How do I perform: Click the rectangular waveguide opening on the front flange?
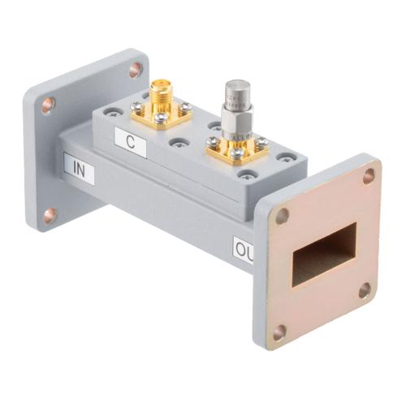tap(323, 254)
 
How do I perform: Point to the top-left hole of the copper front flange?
tap(282, 216)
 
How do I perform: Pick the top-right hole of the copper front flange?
tap(369, 175)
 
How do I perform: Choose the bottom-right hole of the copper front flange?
tap(365, 288)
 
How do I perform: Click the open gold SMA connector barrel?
tap(160, 90)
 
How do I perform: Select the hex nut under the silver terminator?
tap(235, 129)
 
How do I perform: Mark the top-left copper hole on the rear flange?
tap(48, 105)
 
